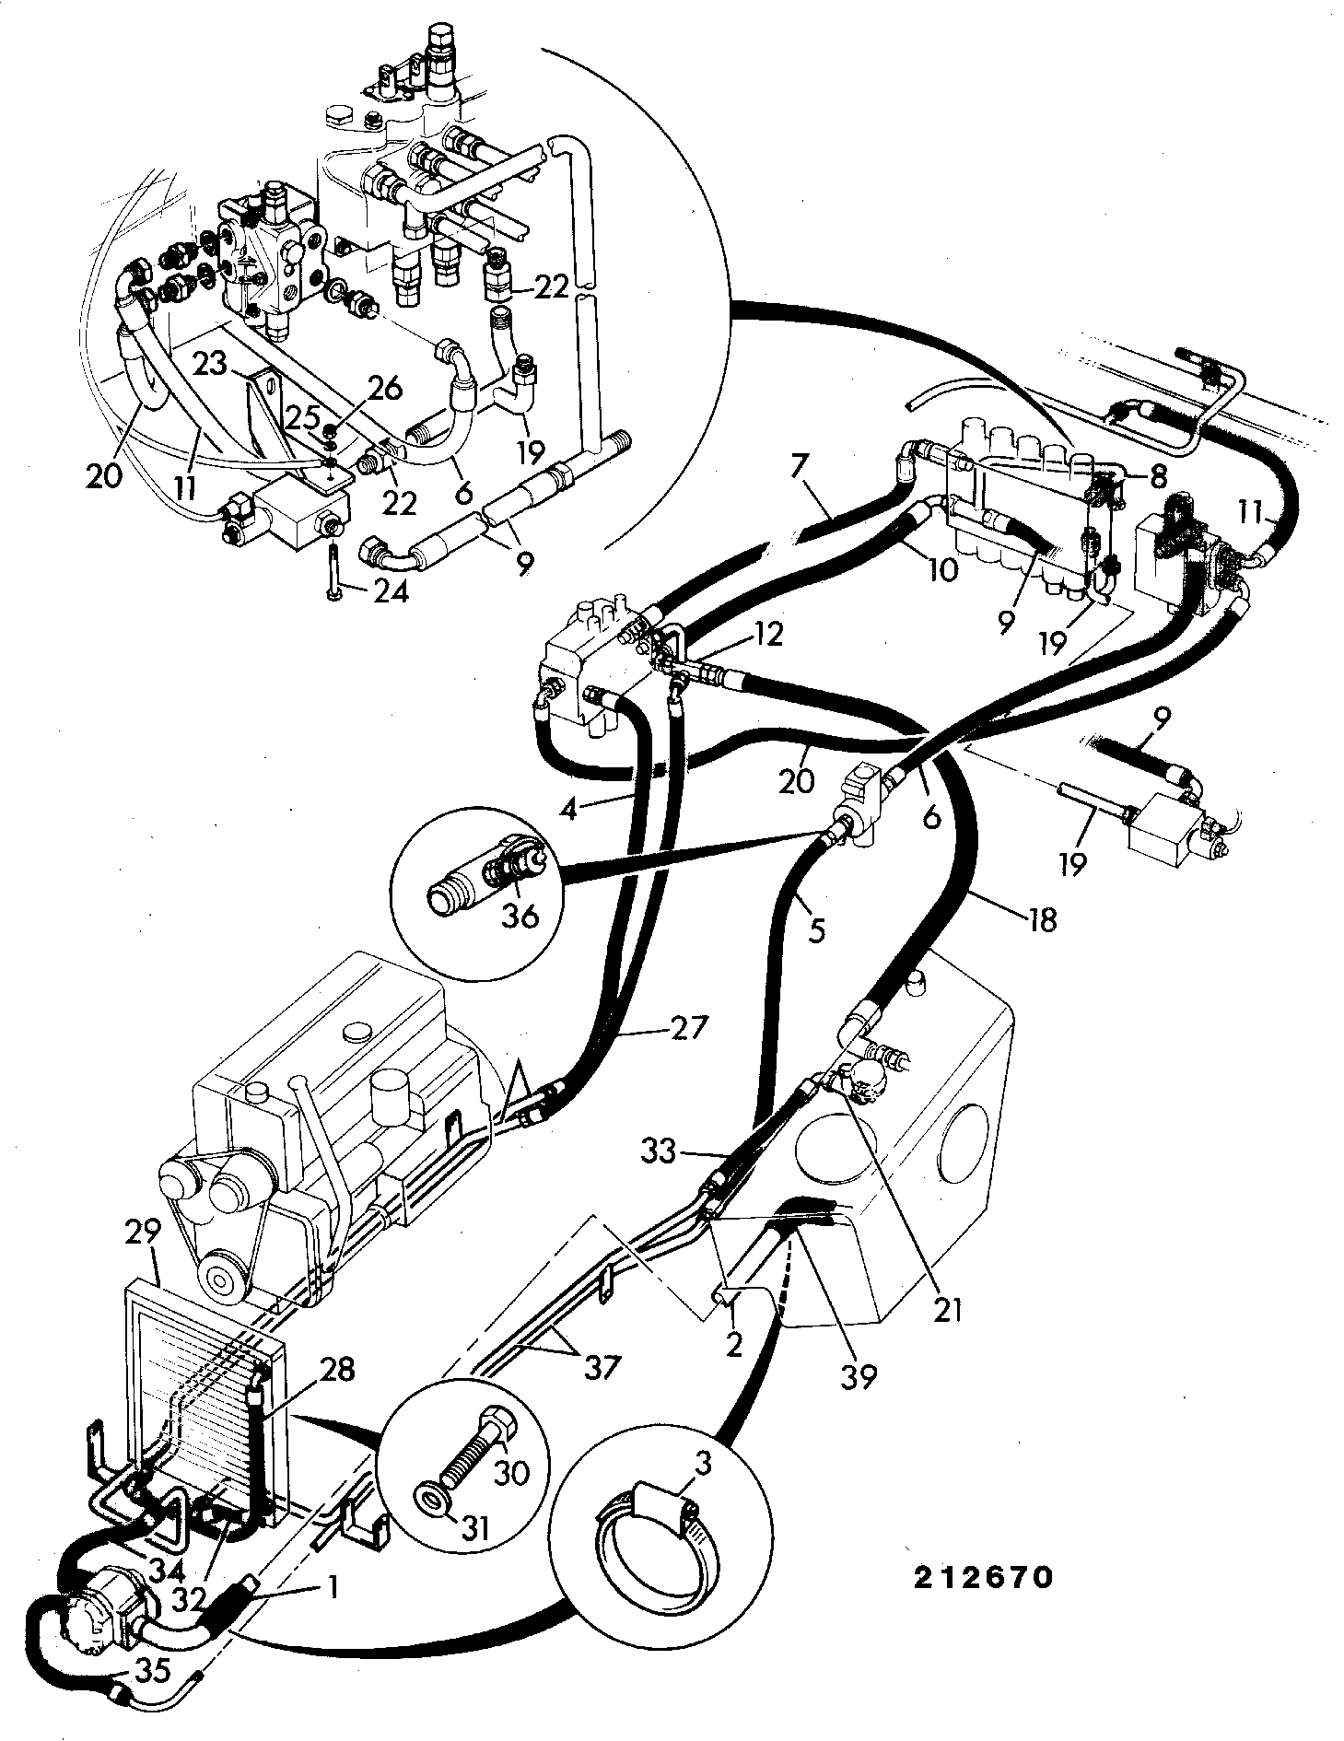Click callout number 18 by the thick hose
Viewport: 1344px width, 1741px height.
[1042, 919]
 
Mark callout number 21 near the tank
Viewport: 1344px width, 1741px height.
[946, 1309]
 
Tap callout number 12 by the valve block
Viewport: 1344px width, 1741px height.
[766, 633]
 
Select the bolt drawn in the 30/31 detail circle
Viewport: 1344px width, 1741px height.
[473, 1439]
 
